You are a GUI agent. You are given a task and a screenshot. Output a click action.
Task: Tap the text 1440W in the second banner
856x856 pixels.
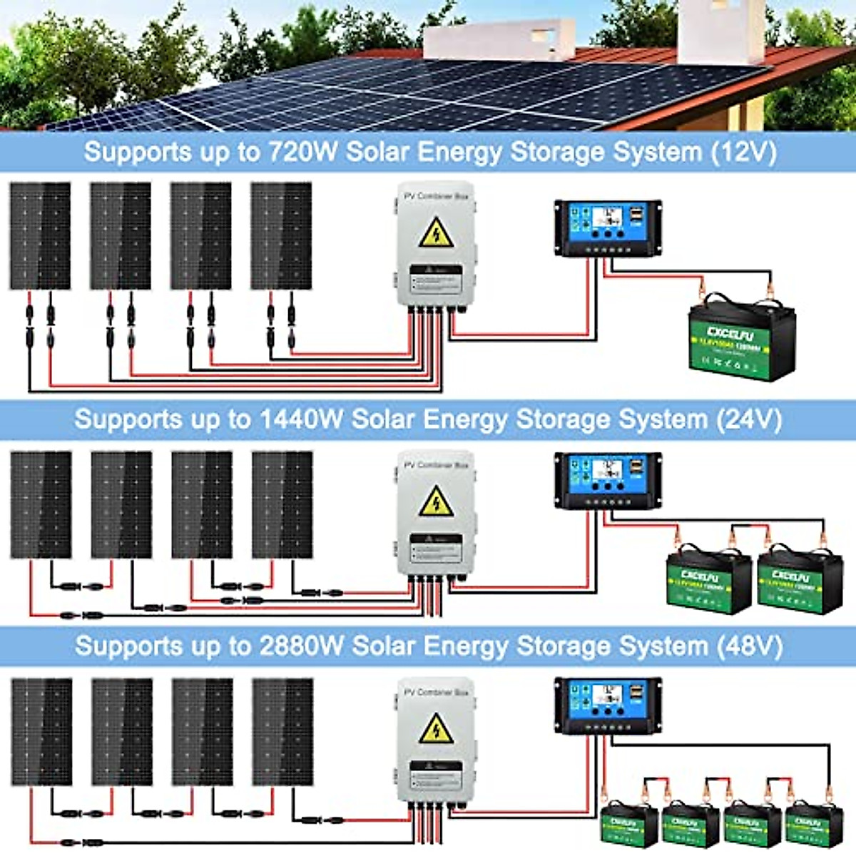pos(300,419)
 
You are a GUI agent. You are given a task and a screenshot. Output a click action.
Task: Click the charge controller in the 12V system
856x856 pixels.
pos(608,228)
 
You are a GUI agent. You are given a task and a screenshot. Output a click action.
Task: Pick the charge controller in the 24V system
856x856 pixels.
pos(608,481)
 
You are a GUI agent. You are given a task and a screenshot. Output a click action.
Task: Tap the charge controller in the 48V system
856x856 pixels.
pos(608,705)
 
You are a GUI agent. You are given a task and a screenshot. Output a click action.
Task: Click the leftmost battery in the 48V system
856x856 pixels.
pos(628,824)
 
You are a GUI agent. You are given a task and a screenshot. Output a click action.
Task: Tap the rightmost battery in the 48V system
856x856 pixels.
pos(814,824)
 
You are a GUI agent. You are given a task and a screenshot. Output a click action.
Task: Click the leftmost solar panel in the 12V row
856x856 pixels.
pos(40,235)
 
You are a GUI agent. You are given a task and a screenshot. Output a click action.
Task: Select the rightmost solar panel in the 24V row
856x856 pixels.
pos(282,504)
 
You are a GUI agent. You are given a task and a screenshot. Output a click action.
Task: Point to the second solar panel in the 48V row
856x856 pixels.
pos(122,732)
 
